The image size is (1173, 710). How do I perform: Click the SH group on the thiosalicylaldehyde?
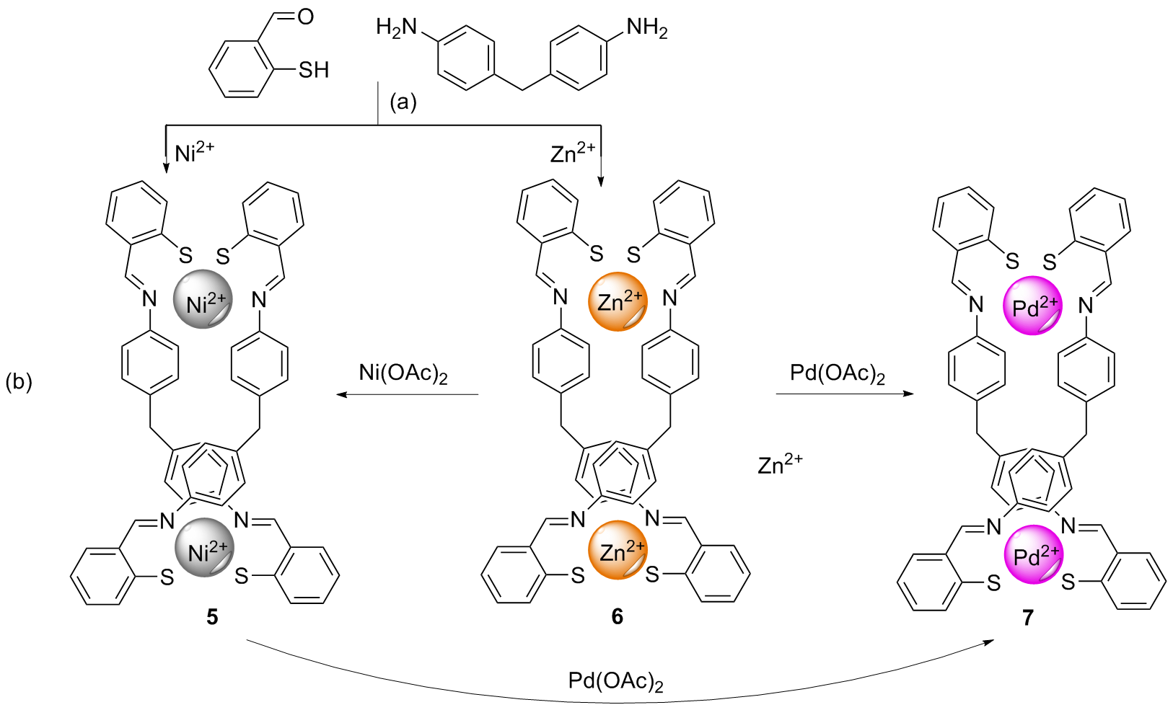tap(313, 70)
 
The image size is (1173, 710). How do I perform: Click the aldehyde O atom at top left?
tap(305, 17)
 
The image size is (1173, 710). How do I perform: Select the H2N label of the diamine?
tap(397, 28)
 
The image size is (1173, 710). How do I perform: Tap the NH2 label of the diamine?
tap(646, 28)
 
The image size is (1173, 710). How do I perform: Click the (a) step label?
tap(403, 102)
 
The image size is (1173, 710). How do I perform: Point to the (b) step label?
tap(19, 381)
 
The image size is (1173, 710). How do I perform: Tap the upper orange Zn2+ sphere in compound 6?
tap(618, 301)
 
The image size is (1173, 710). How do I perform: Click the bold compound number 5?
tap(212, 617)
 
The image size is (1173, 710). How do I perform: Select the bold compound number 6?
tap(617, 617)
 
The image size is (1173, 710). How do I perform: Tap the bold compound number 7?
tap(1027, 618)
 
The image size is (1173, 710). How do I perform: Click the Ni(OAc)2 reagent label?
tap(403, 373)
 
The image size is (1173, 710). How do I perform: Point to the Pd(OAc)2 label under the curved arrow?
tap(615, 681)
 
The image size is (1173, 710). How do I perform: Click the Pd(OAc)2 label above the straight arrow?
tap(837, 373)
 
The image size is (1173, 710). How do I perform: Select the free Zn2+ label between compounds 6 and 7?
tap(780, 464)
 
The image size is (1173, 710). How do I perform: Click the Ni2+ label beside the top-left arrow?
tap(194, 153)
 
